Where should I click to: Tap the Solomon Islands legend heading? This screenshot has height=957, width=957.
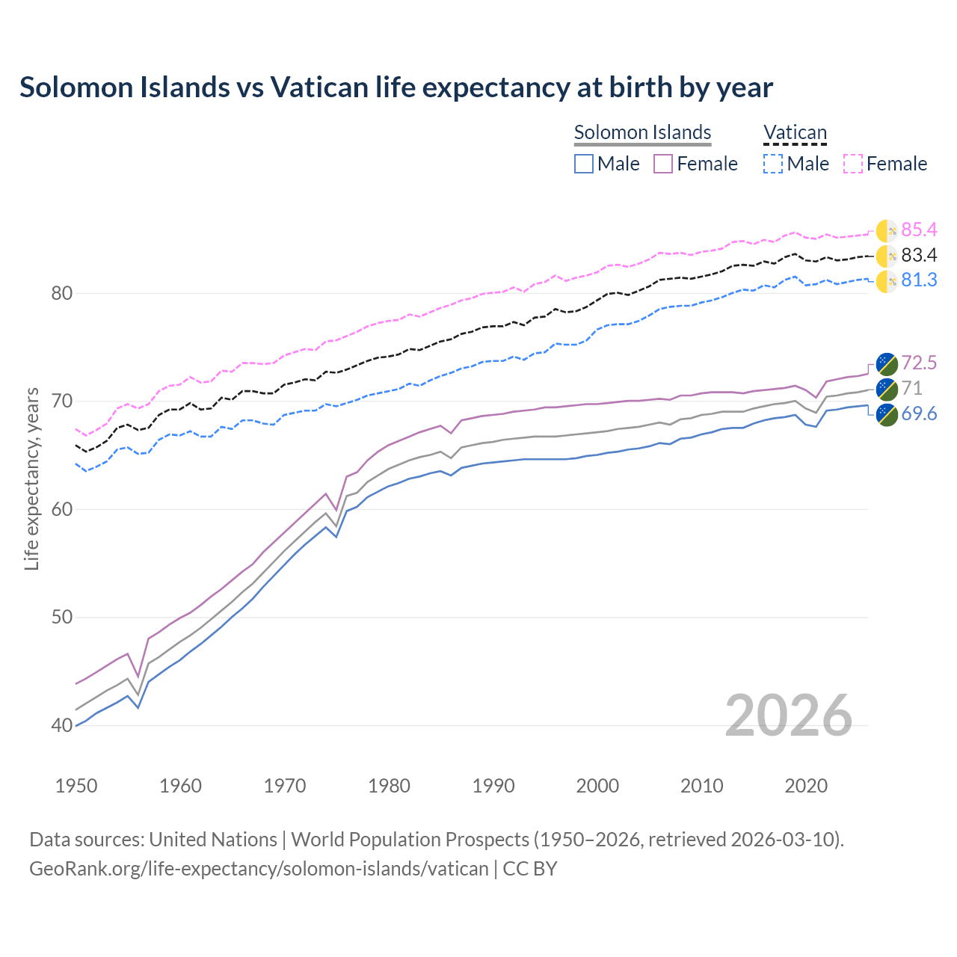642,132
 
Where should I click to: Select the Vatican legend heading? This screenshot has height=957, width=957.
795,132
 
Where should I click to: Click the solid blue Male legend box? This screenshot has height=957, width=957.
584,164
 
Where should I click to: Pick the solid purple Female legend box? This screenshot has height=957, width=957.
663,164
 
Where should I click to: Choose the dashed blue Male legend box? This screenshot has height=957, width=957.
773,164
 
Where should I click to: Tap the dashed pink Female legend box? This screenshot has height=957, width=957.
853,164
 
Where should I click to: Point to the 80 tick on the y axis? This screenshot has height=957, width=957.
62,293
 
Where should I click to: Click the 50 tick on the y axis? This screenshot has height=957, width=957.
62,618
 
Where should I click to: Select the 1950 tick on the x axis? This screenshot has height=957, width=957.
76,786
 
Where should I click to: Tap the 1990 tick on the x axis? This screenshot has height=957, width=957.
493,786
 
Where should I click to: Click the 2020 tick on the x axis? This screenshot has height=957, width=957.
806,786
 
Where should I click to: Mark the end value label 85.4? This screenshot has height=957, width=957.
919,230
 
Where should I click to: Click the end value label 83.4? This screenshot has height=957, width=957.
919,256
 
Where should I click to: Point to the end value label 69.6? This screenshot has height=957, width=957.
919,414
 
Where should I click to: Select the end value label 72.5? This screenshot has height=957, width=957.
919,363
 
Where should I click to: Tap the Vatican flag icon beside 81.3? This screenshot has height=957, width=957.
887,281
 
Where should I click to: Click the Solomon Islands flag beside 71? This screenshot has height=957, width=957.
887,389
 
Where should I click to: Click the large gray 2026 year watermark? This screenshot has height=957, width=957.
788,716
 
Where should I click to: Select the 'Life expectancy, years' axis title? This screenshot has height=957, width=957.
32,478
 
